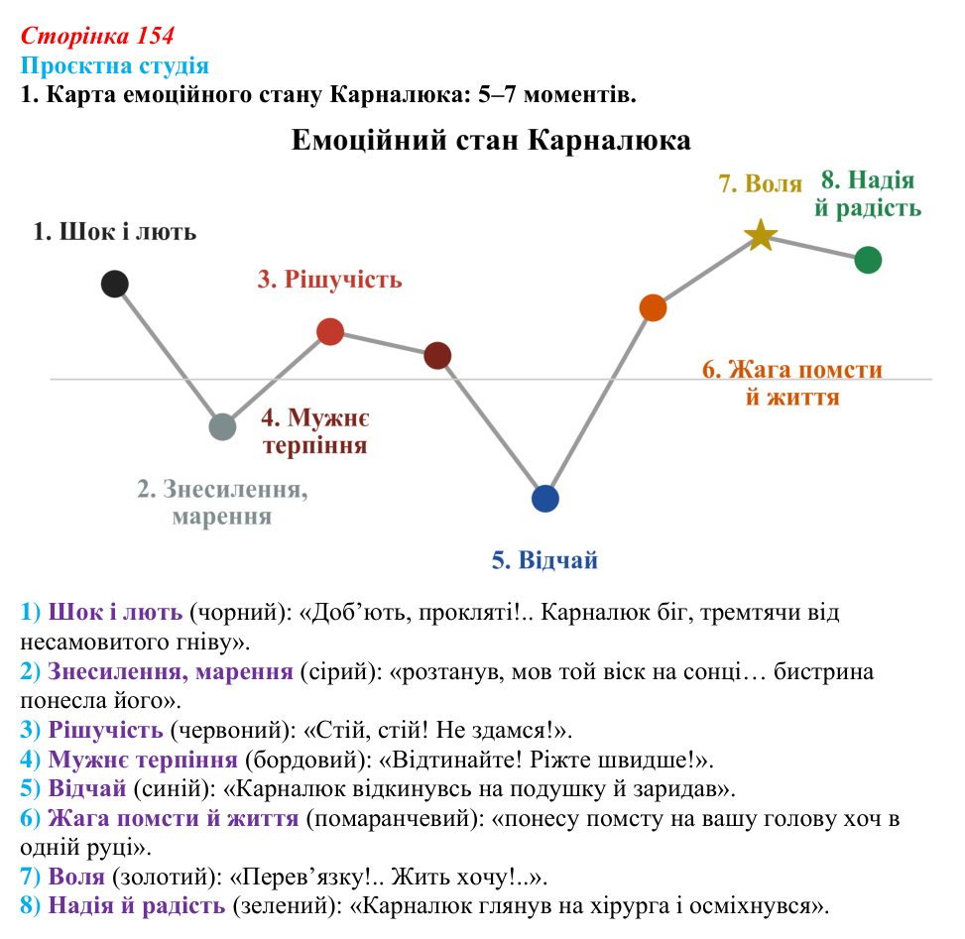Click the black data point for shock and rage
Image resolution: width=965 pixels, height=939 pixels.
tap(114, 284)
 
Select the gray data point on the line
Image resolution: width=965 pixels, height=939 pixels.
tap(222, 426)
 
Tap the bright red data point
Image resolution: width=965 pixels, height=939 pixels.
tap(330, 331)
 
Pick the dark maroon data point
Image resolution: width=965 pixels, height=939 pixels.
tap(437, 356)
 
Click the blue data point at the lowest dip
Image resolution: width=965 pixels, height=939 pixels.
tap(545, 499)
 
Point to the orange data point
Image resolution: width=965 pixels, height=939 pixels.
tap(653, 307)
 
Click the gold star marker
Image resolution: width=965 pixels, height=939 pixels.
tap(761, 236)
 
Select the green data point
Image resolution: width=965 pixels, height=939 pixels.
tap(868, 260)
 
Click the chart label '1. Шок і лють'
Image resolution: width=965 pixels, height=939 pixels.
tap(114, 232)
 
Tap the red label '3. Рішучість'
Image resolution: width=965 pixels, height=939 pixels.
tap(330, 280)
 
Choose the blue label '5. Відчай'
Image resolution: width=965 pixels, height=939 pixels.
tap(544, 560)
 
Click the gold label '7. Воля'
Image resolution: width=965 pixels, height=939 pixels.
tap(761, 183)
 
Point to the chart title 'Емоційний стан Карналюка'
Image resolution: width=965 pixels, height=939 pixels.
tap(491, 140)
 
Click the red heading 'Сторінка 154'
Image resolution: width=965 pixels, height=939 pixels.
tap(97, 36)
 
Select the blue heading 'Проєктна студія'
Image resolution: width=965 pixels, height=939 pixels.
tap(114, 65)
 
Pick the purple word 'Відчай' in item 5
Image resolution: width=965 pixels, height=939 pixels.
tap(86, 788)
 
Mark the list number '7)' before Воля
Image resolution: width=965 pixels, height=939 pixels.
tap(30, 877)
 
